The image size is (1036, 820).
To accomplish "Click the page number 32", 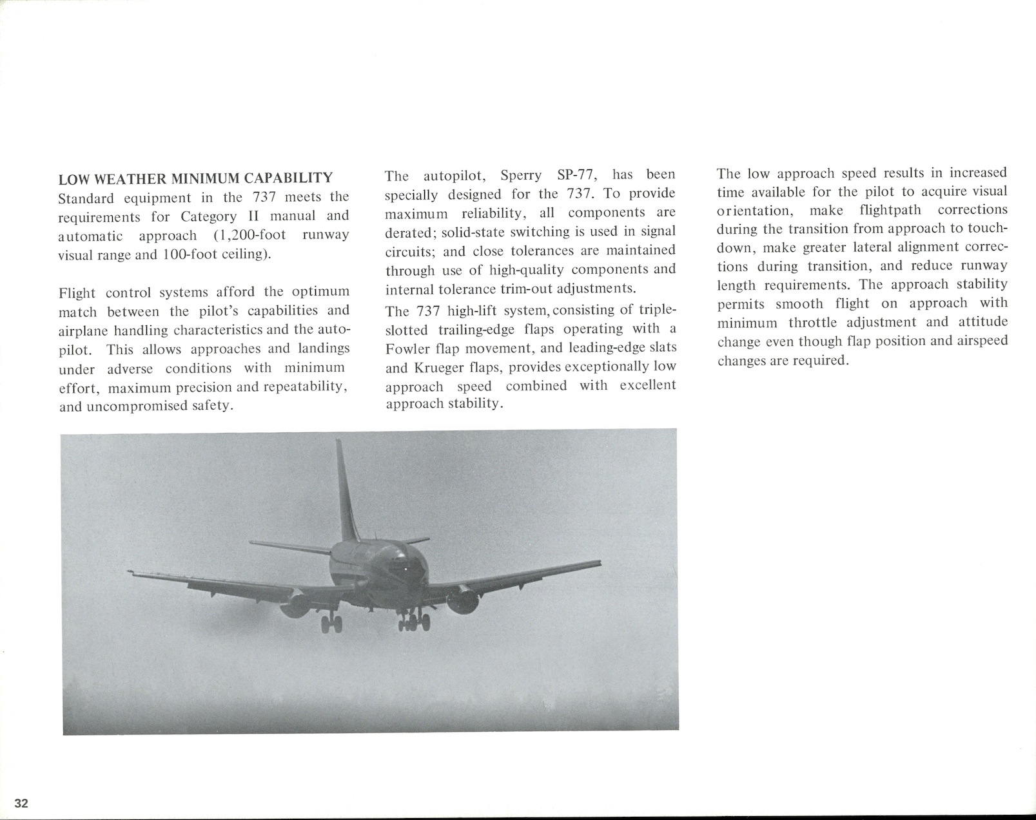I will (22, 803).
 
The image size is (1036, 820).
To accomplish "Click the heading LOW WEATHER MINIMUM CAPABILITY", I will (196, 178).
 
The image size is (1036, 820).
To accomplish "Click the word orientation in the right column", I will (753, 211).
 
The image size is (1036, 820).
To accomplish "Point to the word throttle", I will (811, 322).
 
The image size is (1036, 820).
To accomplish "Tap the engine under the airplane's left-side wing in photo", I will (295, 604).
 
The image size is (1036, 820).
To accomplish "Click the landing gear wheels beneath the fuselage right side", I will (414, 622).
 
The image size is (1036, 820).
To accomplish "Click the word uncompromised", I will (135, 407).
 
